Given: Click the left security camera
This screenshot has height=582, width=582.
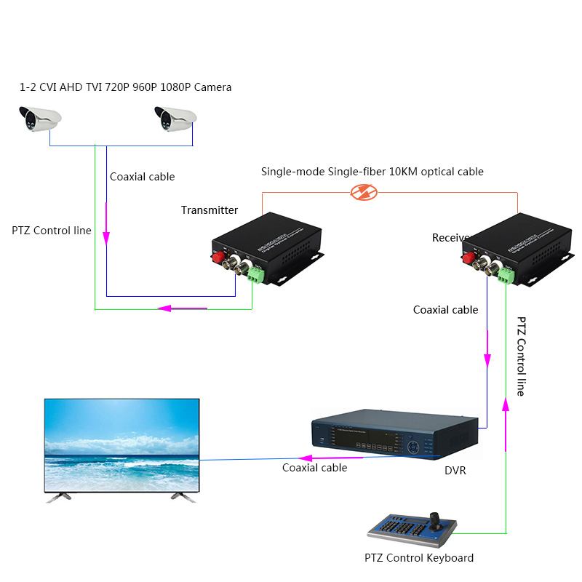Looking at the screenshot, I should coord(40,118).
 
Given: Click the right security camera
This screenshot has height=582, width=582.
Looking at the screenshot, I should coord(175,118).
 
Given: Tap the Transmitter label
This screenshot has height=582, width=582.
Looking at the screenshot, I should coord(210,210).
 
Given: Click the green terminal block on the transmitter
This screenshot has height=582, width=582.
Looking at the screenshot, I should coord(256,275).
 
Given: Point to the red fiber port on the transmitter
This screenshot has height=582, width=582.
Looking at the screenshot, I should coord(216,257).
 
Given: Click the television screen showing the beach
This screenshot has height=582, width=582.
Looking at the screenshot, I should coord(121,445).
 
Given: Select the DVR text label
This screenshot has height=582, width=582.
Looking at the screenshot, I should coord(455,471).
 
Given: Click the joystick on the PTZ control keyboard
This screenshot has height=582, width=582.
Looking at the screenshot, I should coord(436,519).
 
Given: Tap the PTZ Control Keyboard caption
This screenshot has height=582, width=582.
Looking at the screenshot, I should coord(419,558).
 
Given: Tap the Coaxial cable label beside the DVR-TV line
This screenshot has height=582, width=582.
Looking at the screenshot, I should coord(314,468).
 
